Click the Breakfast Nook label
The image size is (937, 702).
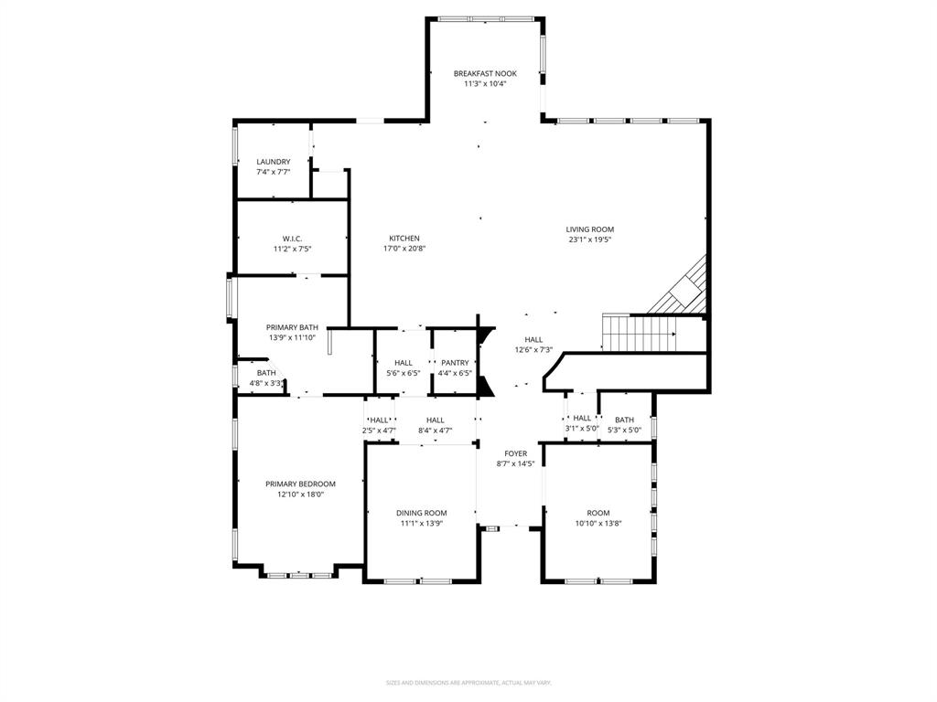(x=485, y=73)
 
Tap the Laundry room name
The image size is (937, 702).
(x=274, y=162)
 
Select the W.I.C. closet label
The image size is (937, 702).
(x=292, y=239)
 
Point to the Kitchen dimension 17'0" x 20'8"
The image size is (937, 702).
(x=404, y=248)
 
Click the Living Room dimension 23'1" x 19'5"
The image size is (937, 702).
(x=589, y=239)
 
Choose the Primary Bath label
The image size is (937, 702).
(x=292, y=327)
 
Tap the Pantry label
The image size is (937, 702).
(x=455, y=363)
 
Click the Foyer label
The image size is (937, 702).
(x=516, y=453)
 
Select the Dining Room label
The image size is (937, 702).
(x=421, y=513)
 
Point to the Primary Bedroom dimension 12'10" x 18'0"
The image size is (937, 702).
(x=300, y=494)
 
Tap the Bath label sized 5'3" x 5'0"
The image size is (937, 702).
(x=625, y=420)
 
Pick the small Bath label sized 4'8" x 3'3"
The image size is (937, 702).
(x=266, y=373)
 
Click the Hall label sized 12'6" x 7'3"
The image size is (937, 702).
(x=533, y=339)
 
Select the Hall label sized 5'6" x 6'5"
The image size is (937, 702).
(x=403, y=363)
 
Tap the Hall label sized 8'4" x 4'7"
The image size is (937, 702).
(x=436, y=420)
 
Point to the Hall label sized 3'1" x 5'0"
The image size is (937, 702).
(x=582, y=418)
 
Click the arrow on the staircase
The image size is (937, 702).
(x=673, y=335)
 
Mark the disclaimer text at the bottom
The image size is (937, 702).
(x=468, y=683)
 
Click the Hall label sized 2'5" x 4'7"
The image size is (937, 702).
(x=379, y=420)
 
